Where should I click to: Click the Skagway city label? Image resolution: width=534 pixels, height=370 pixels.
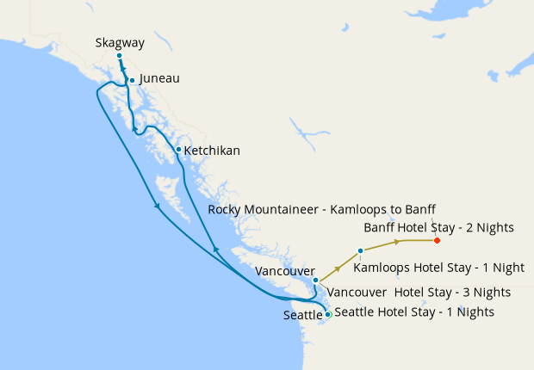pos(121,43)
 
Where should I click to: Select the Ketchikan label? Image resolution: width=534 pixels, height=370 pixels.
pos(212,151)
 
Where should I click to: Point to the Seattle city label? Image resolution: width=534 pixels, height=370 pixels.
pos(302,316)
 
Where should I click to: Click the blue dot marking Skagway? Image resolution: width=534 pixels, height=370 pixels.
pos(120,57)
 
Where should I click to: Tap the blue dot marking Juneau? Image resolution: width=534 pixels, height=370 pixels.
pos(132,80)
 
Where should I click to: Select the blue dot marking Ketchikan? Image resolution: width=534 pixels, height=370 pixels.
pos(178,150)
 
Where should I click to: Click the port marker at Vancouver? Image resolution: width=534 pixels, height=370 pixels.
pos(316,280)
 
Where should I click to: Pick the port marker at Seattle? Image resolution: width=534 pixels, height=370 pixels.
pos(327,314)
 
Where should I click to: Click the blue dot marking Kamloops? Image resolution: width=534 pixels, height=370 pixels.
pos(360,250)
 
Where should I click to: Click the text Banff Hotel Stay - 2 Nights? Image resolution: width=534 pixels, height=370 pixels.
pos(438,228)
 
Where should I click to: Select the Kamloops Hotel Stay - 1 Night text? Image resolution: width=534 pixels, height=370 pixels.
pos(438,268)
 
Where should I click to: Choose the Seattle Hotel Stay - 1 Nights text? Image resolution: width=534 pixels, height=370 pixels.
pos(414,311)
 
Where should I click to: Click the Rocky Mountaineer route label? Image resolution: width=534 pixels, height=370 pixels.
pos(322,210)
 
